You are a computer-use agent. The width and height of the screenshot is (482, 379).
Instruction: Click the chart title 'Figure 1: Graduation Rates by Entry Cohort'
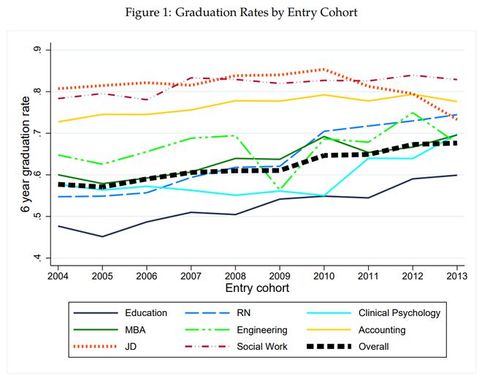click(241, 12)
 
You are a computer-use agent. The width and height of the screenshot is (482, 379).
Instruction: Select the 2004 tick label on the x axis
click(58, 276)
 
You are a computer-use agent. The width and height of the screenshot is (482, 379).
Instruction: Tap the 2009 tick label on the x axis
click(280, 276)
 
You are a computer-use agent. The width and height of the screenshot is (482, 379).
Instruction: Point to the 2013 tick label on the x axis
click(456, 276)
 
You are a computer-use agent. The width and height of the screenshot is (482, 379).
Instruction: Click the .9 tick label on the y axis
click(37, 50)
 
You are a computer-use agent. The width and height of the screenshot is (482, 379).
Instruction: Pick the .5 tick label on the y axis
click(37, 216)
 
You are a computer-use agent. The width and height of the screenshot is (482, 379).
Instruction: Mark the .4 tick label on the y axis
click(37, 258)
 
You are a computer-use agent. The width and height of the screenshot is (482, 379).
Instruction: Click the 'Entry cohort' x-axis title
click(257, 288)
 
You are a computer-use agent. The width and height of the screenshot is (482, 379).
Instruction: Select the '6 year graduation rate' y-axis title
click(26, 154)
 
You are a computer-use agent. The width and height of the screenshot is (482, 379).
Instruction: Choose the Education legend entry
click(120, 313)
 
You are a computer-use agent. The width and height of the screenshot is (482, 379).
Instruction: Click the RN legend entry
click(218, 313)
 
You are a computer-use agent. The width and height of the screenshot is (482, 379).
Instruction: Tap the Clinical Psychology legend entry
click(374, 313)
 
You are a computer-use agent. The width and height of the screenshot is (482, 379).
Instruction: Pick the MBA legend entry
click(110, 330)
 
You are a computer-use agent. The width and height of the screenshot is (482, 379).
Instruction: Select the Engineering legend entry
click(237, 330)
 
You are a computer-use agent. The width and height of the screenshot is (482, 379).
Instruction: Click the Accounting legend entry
click(356, 330)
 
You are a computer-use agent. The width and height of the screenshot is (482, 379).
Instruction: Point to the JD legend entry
click(105, 347)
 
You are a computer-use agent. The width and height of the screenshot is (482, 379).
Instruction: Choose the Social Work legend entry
click(237, 347)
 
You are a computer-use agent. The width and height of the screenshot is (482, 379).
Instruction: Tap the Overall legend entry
click(348, 347)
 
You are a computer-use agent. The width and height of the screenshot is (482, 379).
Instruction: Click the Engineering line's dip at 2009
click(280, 189)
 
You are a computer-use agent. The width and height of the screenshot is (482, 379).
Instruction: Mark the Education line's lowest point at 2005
click(102, 236)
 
